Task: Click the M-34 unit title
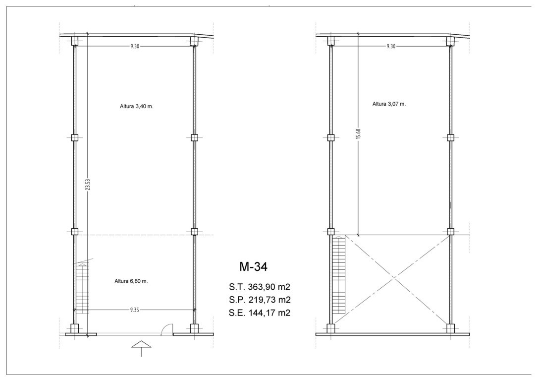click(x=253, y=266)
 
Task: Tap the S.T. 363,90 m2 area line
click(x=260, y=287)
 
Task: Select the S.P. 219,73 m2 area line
click(x=260, y=300)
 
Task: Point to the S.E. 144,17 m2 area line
click(x=260, y=313)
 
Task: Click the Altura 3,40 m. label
click(x=137, y=107)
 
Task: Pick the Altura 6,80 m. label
click(x=131, y=281)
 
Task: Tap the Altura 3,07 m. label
click(x=389, y=104)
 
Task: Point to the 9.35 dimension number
click(x=135, y=310)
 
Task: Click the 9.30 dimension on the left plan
click(x=135, y=46)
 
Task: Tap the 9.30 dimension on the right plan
click(x=391, y=46)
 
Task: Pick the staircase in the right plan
click(x=339, y=275)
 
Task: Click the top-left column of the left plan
click(x=75, y=41)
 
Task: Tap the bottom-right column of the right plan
click(x=451, y=328)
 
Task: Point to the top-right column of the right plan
click(x=451, y=41)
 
